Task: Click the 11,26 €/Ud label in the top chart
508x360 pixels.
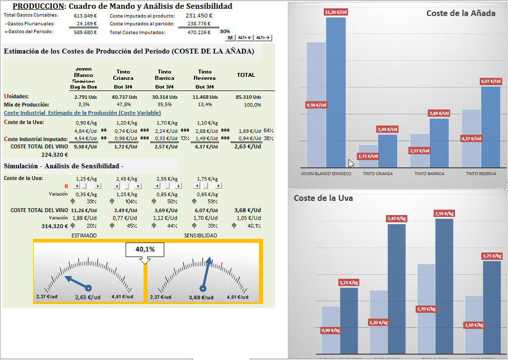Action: [335, 12]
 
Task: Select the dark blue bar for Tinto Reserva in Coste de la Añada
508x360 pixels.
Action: [490, 126]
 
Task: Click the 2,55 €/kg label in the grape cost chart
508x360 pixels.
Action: [444, 213]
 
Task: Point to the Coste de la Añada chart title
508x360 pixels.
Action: [460, 13]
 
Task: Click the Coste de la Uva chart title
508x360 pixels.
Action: [323, 198]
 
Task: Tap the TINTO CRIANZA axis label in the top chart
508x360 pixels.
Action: [378, 174]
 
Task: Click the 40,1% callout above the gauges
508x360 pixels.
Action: [144, 249]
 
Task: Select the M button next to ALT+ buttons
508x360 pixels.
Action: [230, 37]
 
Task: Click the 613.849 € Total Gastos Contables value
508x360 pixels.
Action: [85, 16]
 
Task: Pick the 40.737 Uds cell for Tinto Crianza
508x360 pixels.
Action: [124, 97]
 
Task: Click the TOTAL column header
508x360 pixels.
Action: [245, 75]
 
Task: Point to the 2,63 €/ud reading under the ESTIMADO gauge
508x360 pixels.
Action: [88, 297]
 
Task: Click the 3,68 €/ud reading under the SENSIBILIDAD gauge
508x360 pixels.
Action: [201, 297]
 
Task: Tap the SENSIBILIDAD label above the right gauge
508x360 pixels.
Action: [200, 235]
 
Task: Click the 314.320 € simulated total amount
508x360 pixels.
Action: [54, 226]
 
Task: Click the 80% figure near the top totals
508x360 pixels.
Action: [225, 31]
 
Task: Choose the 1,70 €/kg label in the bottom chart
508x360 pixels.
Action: [426, 309]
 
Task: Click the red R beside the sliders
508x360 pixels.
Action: [66, 186]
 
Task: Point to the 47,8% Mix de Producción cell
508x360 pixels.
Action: [124, 105]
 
